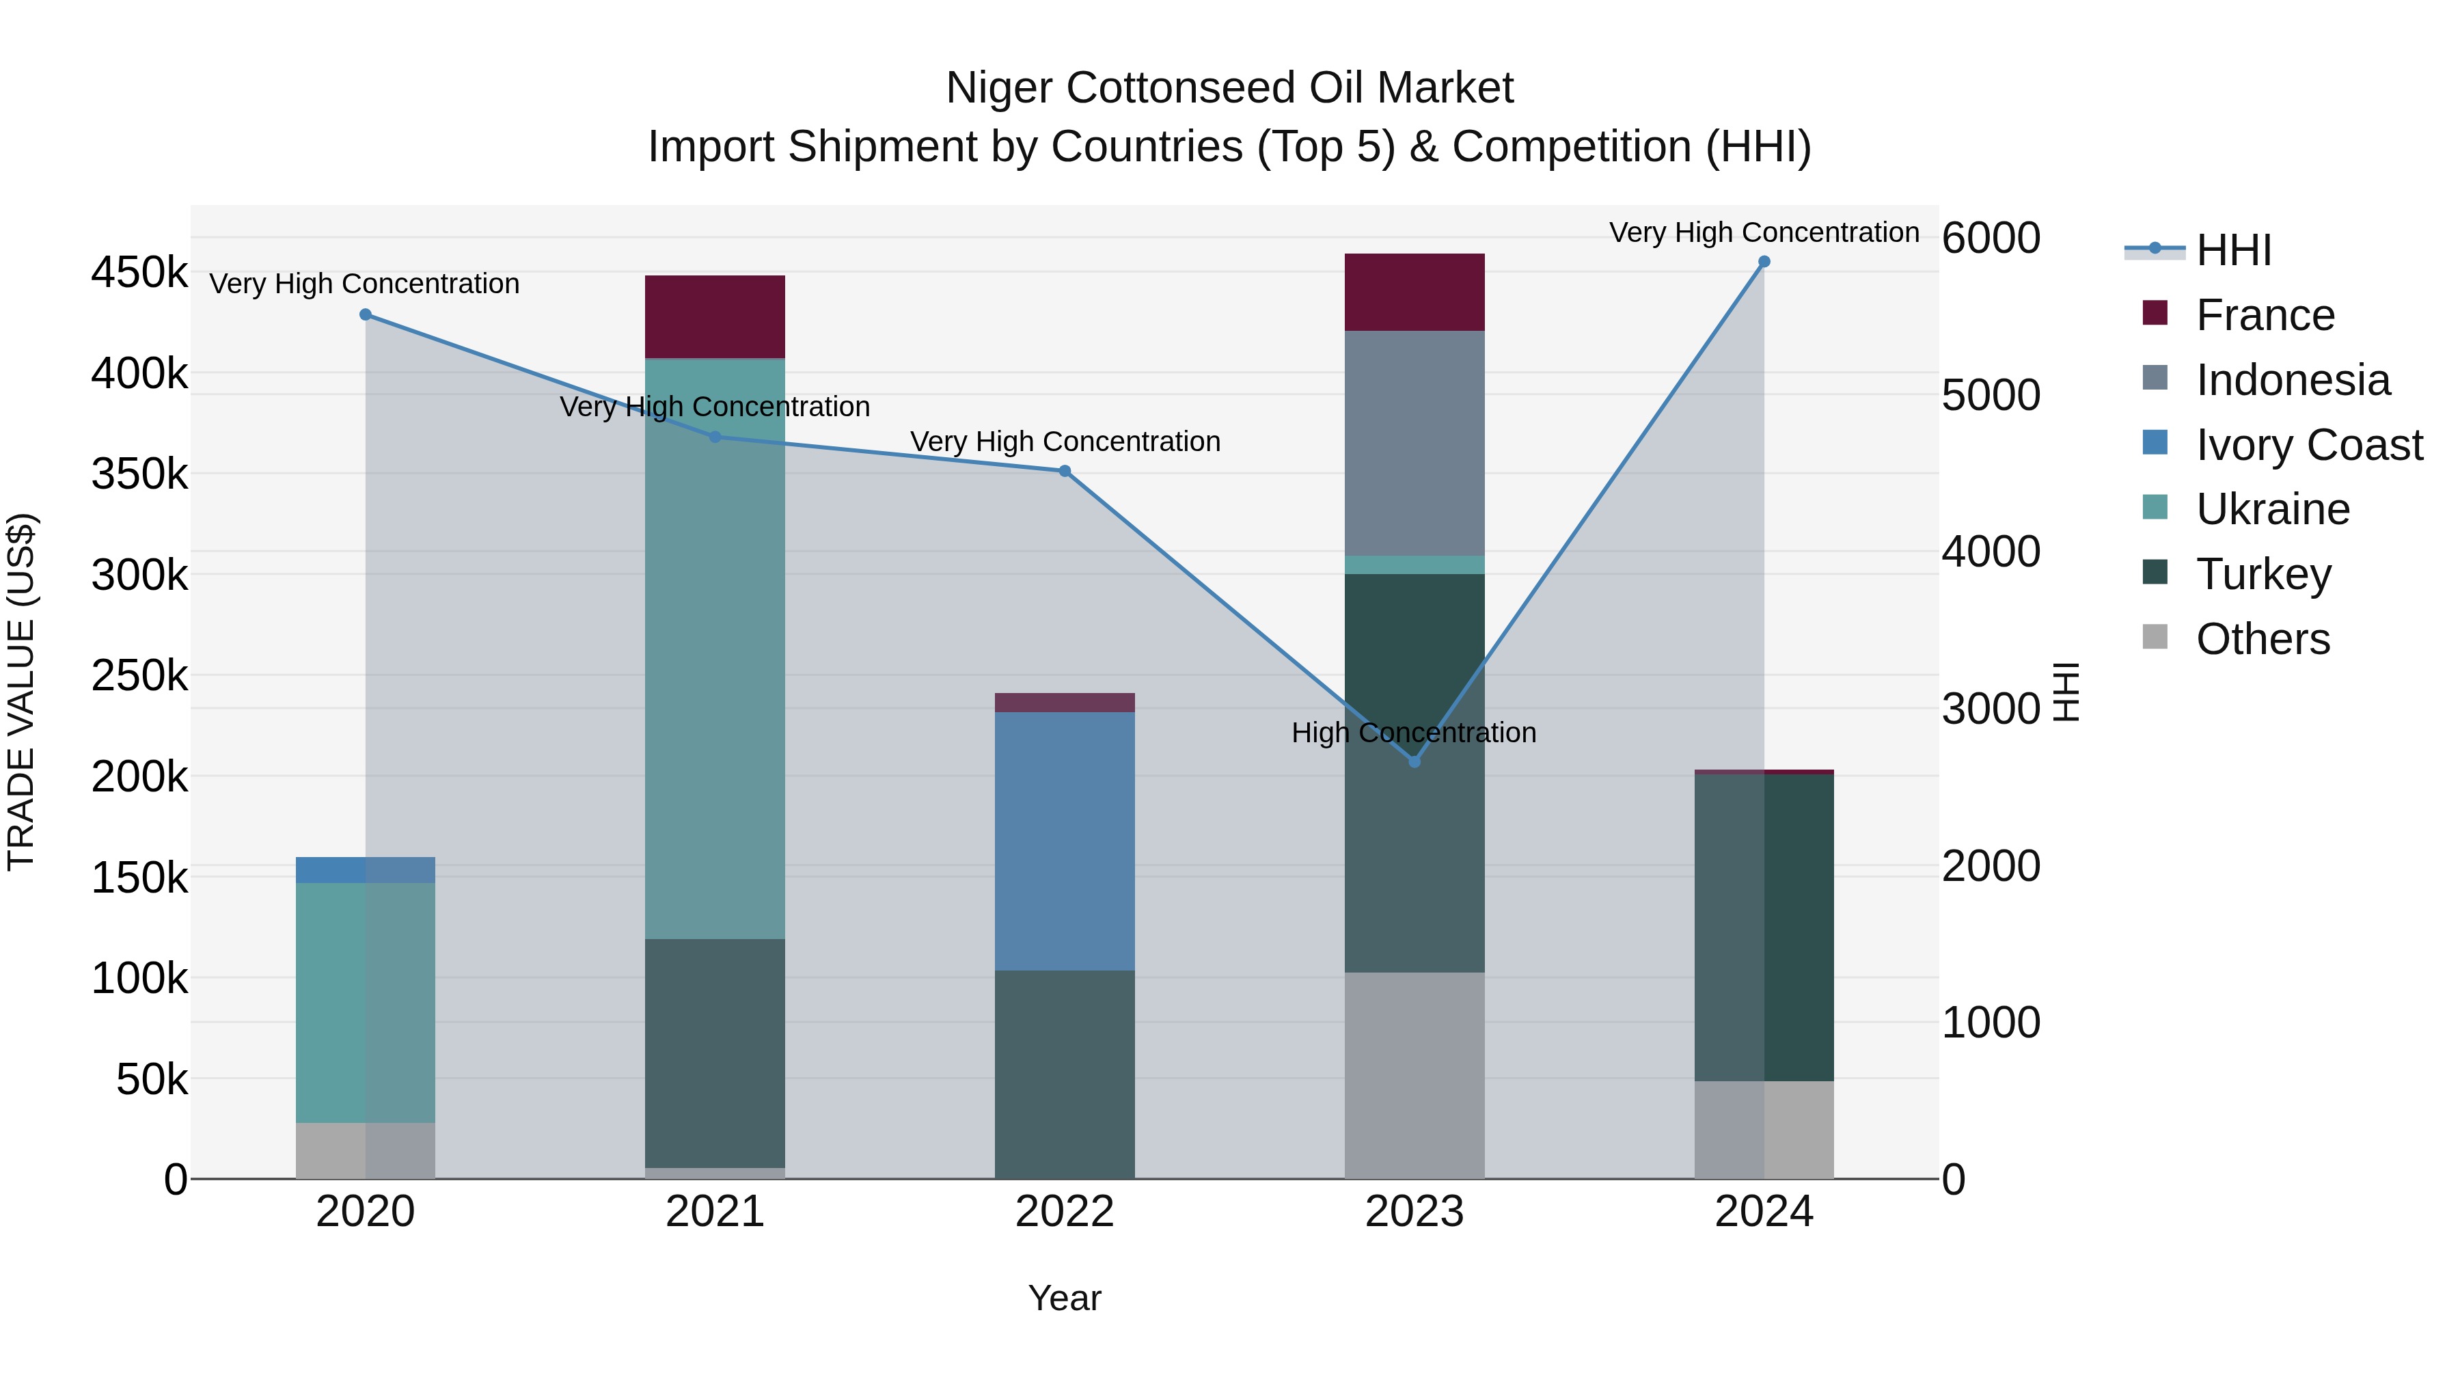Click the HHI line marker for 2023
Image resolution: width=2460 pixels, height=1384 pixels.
(x=1414, y=761)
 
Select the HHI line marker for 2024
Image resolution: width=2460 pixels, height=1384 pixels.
(x=1764, y=262)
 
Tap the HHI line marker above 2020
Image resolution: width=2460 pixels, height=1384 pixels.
(x=365, y=314)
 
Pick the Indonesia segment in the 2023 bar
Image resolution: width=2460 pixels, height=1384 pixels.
(x=1414, y=443)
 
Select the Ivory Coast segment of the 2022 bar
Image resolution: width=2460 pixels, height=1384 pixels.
(x=1065, y=841)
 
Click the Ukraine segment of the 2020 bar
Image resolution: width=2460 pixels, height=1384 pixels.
(x=365, y=1002)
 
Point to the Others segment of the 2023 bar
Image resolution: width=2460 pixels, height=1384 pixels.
(x=1414, y=1076)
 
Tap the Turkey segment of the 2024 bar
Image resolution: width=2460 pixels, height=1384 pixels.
(x=1764, y=927)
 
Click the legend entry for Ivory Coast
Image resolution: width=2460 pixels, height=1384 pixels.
(x=2308, y=445)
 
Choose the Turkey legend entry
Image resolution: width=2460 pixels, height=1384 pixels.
(x=2263, y=574)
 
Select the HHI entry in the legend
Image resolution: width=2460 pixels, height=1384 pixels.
(x=2232, y=250)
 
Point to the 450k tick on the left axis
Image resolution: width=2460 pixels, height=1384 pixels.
(x=139, y=273)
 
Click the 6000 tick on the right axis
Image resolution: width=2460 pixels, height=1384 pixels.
(x=1991, y=238)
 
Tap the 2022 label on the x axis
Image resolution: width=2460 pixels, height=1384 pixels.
(x=1065, y=1212)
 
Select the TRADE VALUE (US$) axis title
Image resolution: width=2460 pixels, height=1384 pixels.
(x=21, y=692)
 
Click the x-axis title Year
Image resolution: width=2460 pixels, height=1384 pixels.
(x=1064, y=1298)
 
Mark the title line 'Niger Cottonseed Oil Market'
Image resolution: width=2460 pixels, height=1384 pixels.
(x=1229, y=88)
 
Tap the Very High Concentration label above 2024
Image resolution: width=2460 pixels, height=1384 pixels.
(x=1764, y=232)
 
